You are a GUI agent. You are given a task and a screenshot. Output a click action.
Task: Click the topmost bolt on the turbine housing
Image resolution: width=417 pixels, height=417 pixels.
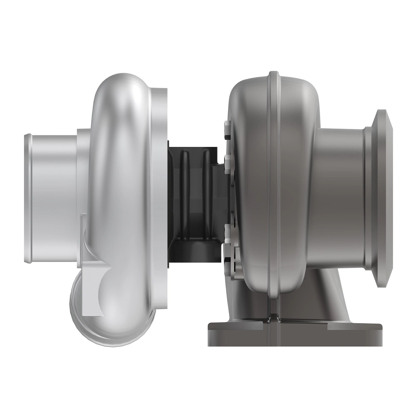pos(228,129)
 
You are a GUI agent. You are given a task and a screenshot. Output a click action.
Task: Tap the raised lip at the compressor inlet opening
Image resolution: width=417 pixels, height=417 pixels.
pos(28,198)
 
